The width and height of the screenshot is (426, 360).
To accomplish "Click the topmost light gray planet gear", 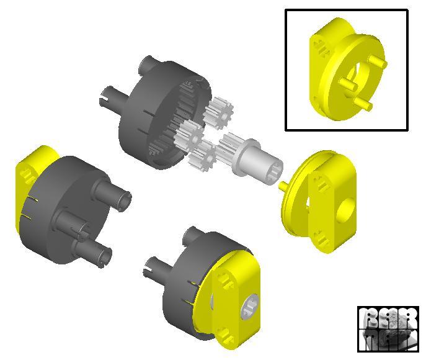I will pos(217,112).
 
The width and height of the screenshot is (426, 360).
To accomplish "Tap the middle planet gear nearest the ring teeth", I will pos(190,133).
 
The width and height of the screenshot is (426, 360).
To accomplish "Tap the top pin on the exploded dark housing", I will pos(149,64).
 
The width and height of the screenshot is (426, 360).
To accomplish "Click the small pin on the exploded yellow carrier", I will pos(282,184).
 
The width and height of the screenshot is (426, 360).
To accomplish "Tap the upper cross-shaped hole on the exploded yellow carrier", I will pos(321,182).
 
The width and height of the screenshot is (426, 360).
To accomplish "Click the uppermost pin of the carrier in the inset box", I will pos(378,61).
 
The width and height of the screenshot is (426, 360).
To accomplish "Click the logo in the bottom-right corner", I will pos(388,328).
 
